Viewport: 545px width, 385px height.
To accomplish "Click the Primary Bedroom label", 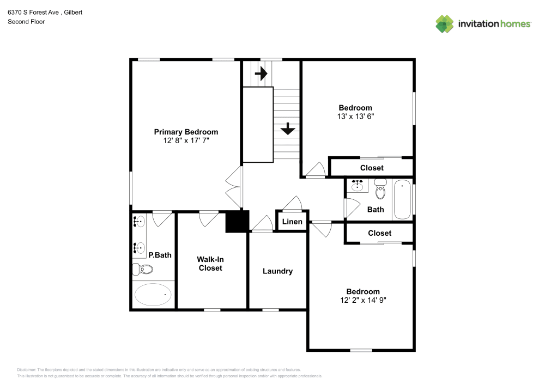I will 186,132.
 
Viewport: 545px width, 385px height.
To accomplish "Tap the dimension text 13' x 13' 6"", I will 355,117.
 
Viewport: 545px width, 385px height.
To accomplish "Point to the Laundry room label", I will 277,271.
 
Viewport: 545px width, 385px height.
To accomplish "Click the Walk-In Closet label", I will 210,264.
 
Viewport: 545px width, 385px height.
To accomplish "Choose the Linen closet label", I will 292,222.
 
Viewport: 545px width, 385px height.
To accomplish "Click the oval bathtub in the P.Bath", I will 153,295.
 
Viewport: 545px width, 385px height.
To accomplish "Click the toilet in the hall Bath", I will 380,190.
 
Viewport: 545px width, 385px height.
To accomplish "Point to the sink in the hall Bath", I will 358,186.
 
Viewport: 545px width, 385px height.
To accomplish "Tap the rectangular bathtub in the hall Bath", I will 403,199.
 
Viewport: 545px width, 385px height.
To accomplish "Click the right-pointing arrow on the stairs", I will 261,73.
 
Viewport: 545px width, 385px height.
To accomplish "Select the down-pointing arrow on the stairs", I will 287,129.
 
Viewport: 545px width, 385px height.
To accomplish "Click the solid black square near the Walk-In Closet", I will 237,221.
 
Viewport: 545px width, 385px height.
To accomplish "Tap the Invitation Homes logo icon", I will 445,23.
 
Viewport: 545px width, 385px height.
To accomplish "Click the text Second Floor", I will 26,22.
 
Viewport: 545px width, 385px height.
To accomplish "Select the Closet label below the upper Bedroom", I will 372,168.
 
